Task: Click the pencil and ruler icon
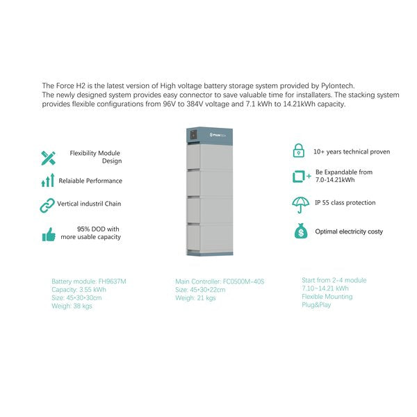point(48,157)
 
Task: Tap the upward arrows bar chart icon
point(48,181)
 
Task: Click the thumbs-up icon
point(48,235)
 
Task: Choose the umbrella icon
point(300,204)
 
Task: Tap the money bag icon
point(300,231)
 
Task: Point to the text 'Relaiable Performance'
point(90,181)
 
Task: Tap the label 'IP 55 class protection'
point(345,203)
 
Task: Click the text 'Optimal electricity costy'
point(349,231)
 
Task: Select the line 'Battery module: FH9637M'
point(89,281)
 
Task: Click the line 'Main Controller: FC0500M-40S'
point(220,281)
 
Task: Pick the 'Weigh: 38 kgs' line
point(72,306)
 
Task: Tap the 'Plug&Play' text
point(317,304)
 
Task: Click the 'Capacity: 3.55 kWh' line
point(79,290)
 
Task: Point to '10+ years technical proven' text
point(352,152)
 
